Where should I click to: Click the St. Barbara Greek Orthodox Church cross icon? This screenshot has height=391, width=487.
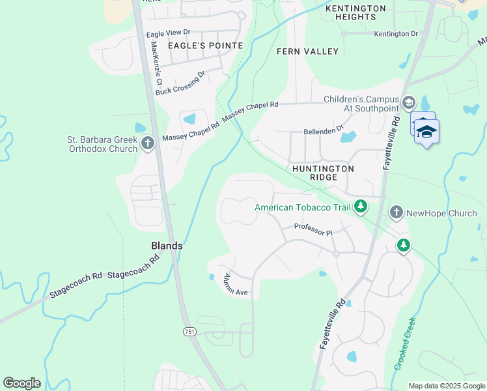coord(148,143)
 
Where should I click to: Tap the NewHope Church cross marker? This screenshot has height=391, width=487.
coord(395,212)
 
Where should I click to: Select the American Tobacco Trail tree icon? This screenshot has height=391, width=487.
coord(360,207)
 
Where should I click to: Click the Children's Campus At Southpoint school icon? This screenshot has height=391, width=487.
coord(408,102)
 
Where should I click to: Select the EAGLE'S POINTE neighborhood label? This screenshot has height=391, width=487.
coord(205,46)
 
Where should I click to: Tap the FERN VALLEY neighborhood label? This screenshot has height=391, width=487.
coord(307,51)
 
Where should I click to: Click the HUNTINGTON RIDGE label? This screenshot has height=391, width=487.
coord(323,173)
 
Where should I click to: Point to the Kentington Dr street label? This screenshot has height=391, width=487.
coord(396,33)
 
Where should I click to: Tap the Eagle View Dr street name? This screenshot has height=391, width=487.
coord(168,32)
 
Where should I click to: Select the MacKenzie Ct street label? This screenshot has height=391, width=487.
coord(156,64)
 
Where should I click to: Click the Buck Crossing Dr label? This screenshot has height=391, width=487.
coord(180,83)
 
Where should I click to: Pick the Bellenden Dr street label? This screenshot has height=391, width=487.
coord(323,131)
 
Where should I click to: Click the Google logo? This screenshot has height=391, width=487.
coord(21,383)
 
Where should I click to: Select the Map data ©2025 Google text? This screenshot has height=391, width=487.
coord(447,386)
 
